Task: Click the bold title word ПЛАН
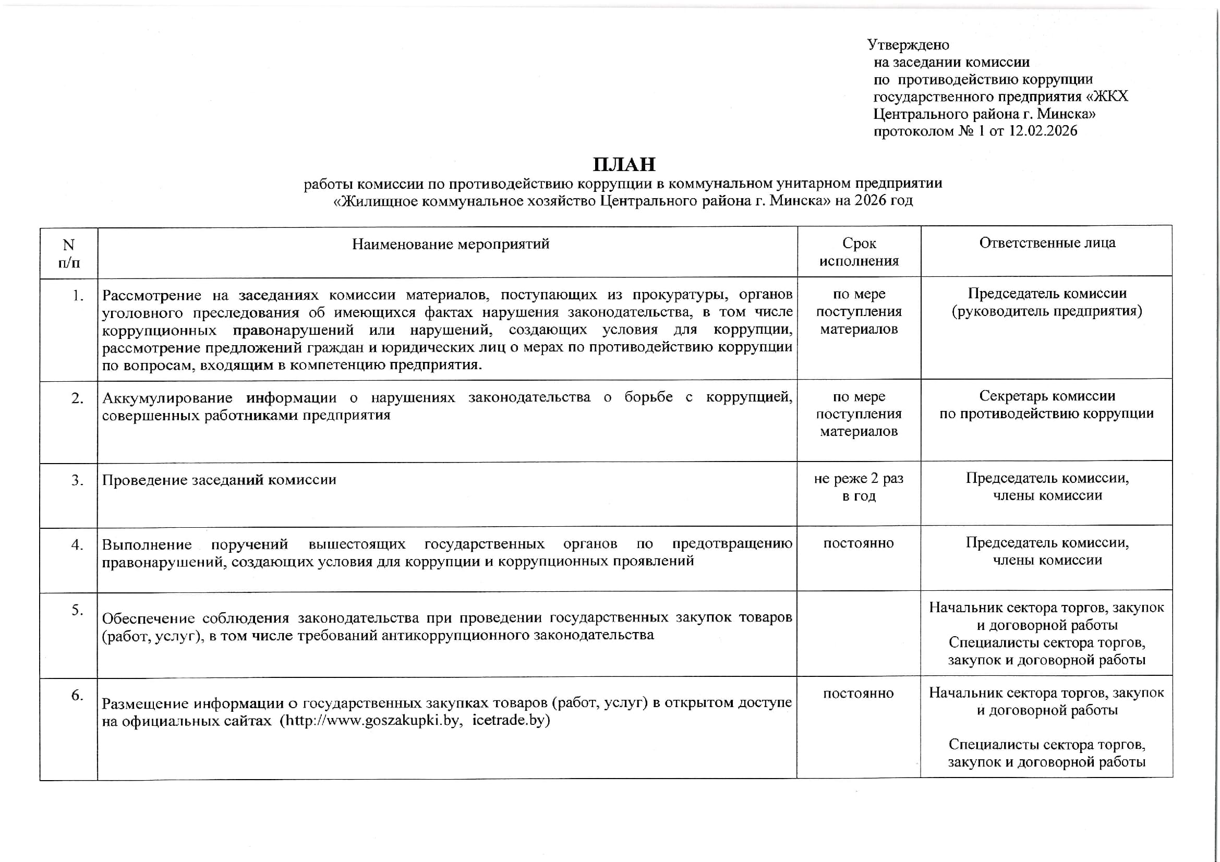pos(624,164)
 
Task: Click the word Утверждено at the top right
pos(908,45)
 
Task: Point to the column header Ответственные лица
pos(1047,242)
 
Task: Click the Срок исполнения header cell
pos(859,252)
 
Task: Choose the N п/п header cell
pos(68,253)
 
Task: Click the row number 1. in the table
pos(78,295)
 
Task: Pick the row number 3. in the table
pos(78,480)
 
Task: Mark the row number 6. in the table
pos(78,695)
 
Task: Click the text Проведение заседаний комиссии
pos(219,480)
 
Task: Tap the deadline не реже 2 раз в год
pos(859,487)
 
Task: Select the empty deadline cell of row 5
pos(859,634)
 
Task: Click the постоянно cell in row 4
pos(859,543)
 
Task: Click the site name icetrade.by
pos(511,721)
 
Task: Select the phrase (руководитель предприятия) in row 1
pos(1047,311)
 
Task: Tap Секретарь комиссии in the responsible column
pos(1047,396)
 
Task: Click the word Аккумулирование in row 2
pos(167,398)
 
